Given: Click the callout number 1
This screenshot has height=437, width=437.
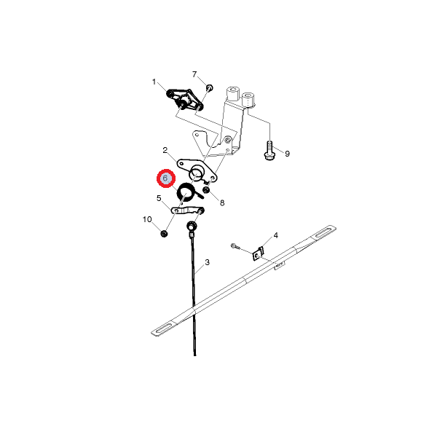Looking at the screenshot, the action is (154, 82).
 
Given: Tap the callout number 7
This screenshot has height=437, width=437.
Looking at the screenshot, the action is (194, 74).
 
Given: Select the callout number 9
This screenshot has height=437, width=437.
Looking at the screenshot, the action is (288, 154).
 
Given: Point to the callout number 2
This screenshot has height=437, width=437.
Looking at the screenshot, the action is (165, 150).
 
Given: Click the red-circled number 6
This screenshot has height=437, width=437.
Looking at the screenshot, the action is (166, 178).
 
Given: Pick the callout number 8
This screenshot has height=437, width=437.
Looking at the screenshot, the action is (222, 202).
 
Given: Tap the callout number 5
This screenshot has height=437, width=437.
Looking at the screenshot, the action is (159, 198).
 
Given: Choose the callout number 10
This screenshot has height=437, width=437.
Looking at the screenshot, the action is (147, 219).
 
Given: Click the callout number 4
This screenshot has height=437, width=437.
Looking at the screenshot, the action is (275, 235).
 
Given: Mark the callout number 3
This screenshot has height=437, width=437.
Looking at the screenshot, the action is (207, 262).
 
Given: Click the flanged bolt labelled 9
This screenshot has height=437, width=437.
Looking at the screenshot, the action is (269, 151).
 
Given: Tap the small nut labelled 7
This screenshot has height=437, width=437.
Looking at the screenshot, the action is (210, 88).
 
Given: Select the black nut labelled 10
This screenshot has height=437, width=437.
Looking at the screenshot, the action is (164, 234).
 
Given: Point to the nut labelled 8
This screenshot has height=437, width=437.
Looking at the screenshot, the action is (206, 190).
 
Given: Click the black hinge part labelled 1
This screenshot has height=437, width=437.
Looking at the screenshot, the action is (184, 100).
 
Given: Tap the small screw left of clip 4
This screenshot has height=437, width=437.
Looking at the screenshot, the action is (235, 246).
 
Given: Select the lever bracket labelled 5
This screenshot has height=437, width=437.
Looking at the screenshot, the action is (187, 210).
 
